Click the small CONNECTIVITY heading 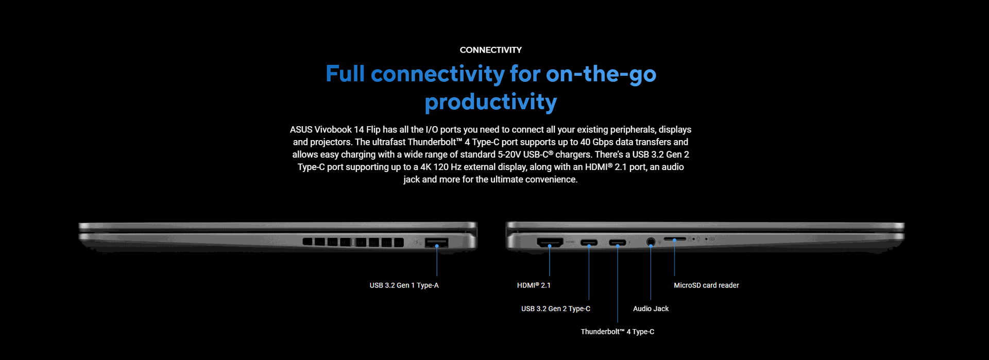coord(490,50)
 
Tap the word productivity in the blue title coord(490,102)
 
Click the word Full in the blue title coord(345,74)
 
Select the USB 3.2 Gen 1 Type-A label coord(404,285)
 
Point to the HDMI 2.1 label coord(534,285)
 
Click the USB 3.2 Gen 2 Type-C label coord(556,308)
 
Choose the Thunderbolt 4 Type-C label coord(617,332)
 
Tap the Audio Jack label coord(651,308)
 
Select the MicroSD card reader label coord(706,285)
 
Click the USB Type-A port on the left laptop coord(437,243)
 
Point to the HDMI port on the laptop coord(550,242)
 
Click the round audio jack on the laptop coord(651,241)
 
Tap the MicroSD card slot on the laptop coord(675,239)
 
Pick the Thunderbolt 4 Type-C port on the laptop coord(618,243)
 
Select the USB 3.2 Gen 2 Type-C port coord(589,243)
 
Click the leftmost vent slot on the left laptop coord(308,242)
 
